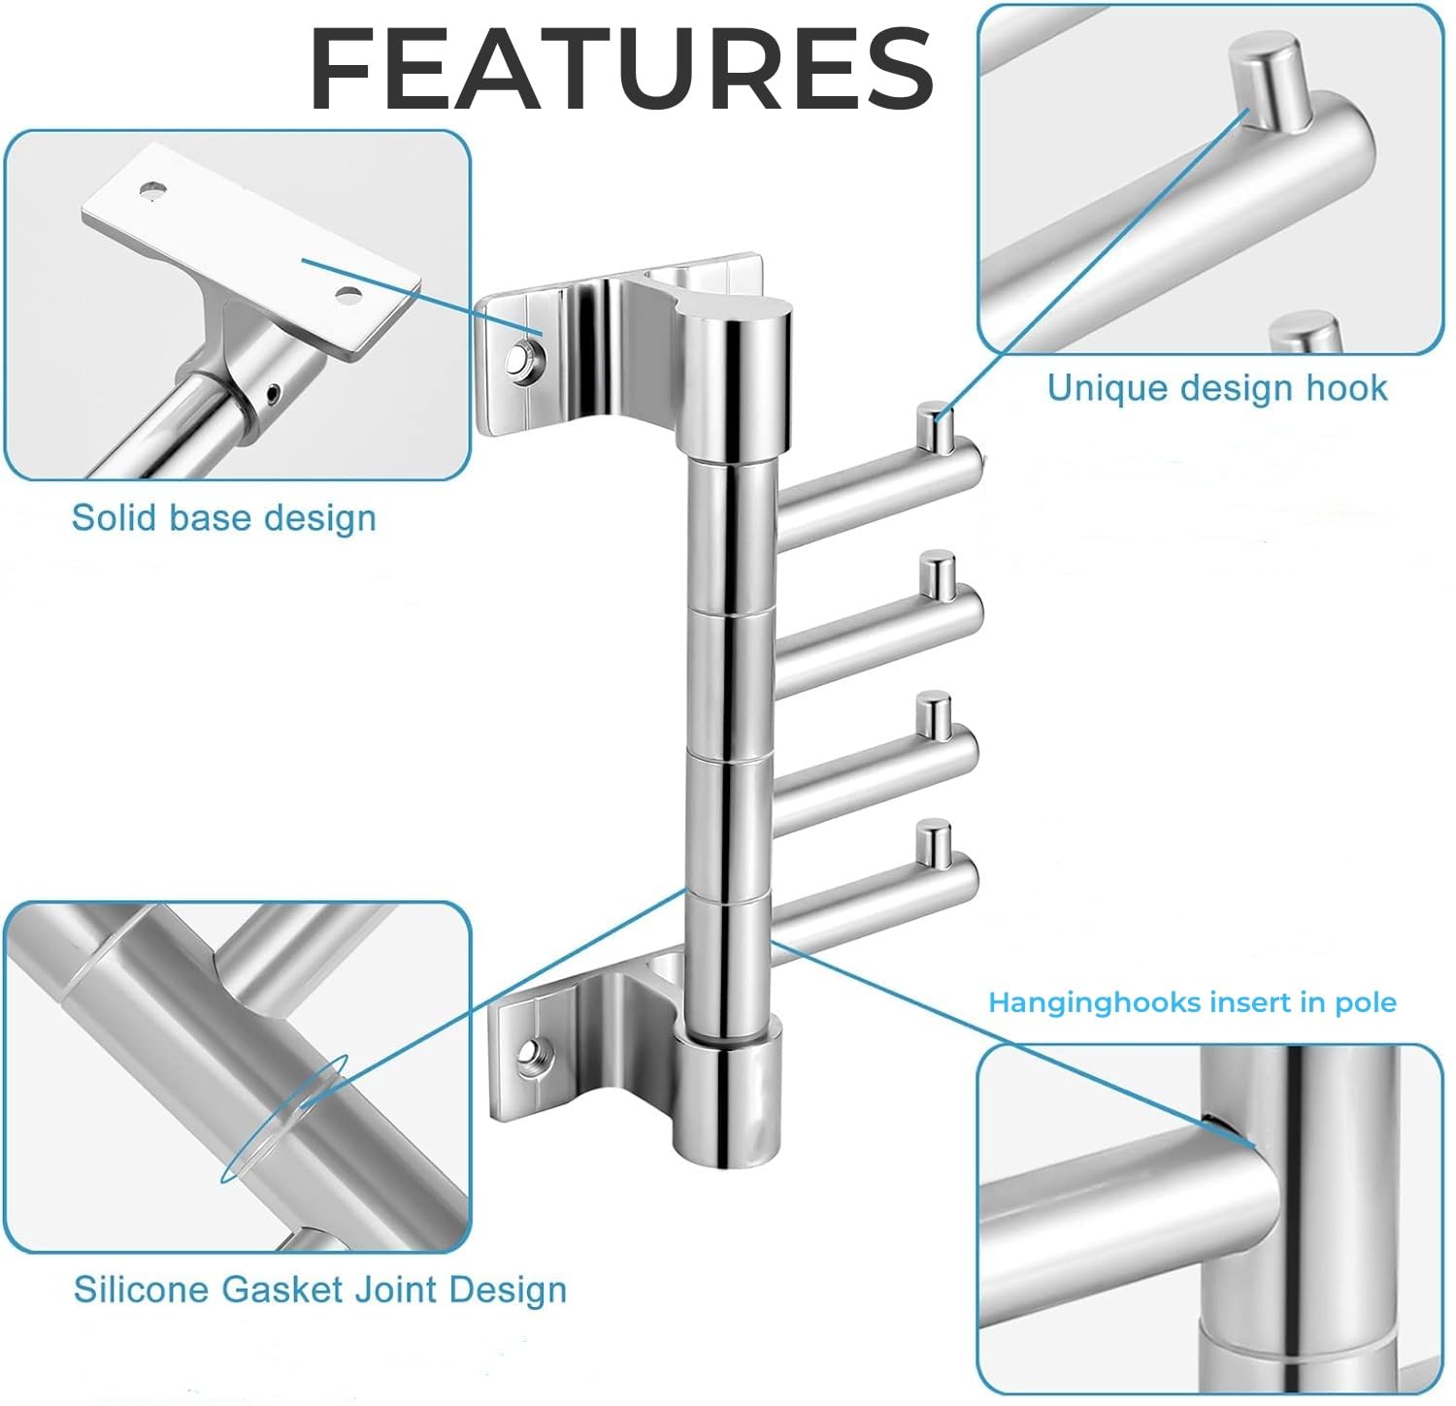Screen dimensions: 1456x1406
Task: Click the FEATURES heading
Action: [621, 69]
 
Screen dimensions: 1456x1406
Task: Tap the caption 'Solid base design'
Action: [224, 517]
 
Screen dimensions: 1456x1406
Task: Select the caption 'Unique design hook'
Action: [1217, 388]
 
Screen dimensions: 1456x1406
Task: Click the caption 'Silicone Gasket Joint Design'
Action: [320, 1290]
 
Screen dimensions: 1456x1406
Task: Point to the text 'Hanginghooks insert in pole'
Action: [1192, 1002]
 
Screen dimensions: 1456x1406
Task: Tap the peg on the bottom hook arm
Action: [934, 841]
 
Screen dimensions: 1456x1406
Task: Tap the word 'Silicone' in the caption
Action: [141, 1290]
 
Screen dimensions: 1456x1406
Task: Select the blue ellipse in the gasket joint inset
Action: [283, 1120]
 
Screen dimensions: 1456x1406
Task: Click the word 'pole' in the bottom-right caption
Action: [1365, 1003]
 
